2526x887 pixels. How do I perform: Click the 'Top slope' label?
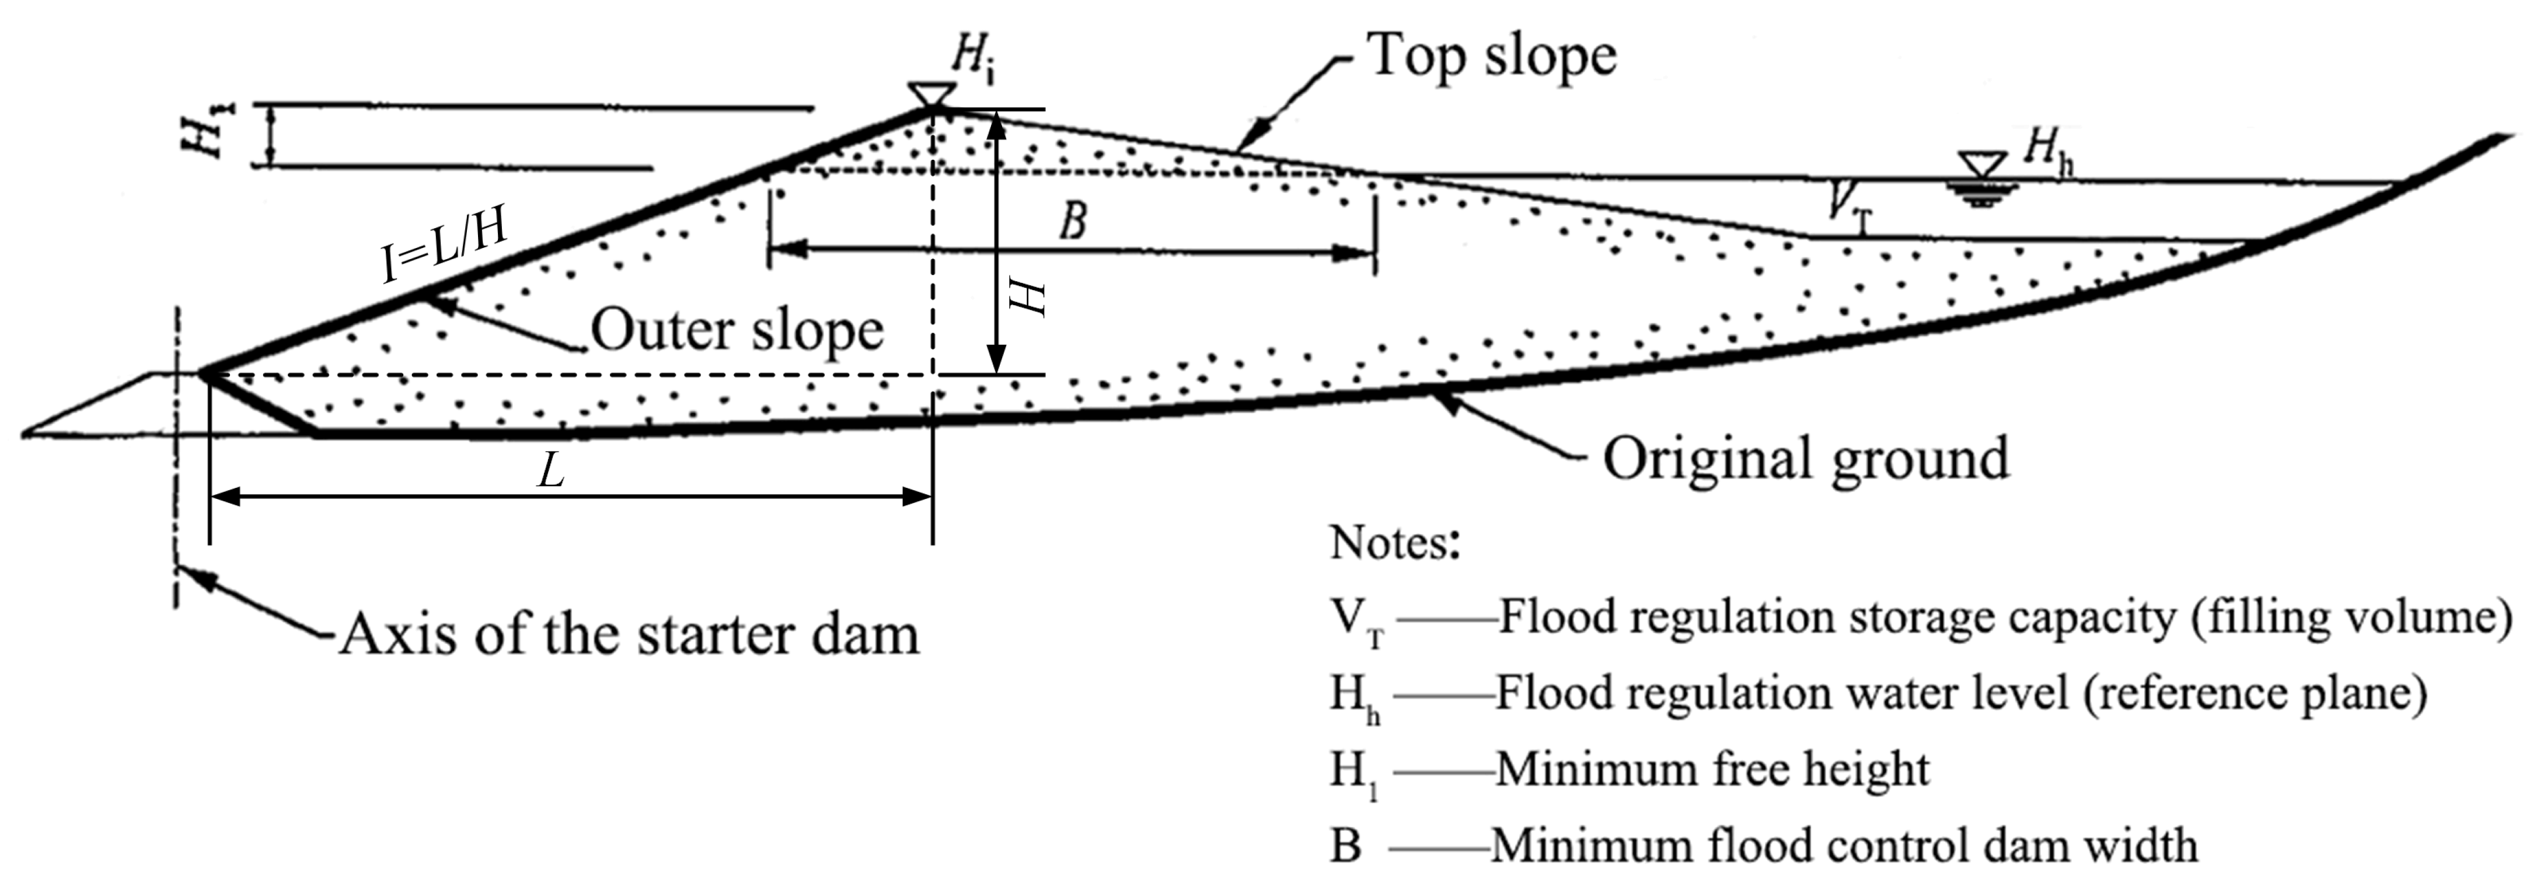[1491, 56]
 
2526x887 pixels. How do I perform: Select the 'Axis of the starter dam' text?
[630, 634]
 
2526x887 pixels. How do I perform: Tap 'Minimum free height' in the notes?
[1712, 770]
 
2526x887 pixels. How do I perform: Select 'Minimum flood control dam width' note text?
[1844, 845]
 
